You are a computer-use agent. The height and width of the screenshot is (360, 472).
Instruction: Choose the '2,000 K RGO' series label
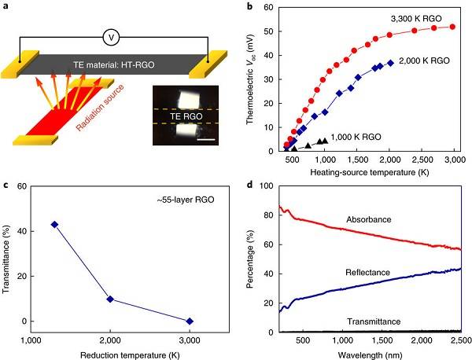(427, 60)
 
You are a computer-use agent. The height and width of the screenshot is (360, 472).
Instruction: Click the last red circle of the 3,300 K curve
(452, 27)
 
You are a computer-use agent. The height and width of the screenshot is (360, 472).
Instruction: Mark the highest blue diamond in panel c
(54, 225)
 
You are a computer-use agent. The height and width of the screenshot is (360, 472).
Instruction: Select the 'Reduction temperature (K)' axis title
(131, 351)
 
